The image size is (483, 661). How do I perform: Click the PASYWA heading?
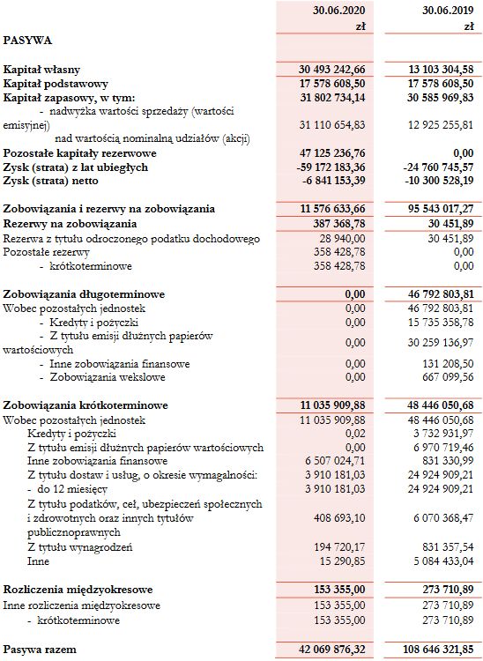pyautogui.click(x=27, y=40)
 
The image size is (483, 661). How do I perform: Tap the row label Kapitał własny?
pyautogui.click(x=41, y=69)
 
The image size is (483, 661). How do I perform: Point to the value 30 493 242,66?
pyautogui.click(x=326, y=69)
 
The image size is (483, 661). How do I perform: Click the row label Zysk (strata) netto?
pyautogui.click(x=63, y=181)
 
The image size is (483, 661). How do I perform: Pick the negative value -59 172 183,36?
pyautogui.click(x=326, y=167)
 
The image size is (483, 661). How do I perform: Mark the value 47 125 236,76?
pyautogui.click(x=326, y=153)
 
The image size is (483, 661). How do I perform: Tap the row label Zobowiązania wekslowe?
pyautogui.click(x=99, y=376)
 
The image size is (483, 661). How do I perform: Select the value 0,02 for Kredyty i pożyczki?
pyautogui.click(x=353, y=433)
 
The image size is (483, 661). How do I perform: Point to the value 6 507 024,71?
pyautogui.click(x=332, y=461)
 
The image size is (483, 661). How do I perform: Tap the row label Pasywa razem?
pyautogui.click(x=40, y=650)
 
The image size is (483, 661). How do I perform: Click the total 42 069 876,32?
pyautogui.click(x=326, y=650)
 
